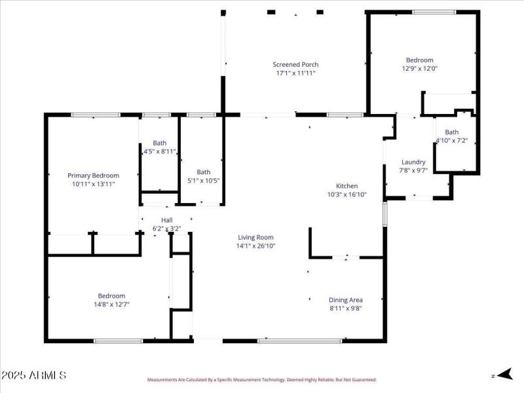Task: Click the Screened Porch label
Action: point(295,64)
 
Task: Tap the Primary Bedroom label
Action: point(94,176)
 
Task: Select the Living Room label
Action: point(255,237)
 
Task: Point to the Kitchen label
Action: point(347,185)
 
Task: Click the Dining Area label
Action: point(345,300)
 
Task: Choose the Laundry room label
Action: point(413,162)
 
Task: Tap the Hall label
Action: point(166,220)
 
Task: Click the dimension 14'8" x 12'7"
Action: point(111,305)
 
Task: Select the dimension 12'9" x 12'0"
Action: point(419,68)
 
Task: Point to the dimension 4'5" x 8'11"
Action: point(160,151)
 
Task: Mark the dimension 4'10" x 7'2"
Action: point(452,140)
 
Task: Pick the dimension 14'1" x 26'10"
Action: point(255,246)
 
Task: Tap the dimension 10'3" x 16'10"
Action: point(347,195)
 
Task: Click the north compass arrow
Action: point(503,375)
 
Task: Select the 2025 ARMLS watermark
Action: point(33,375)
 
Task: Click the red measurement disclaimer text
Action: point(261,379)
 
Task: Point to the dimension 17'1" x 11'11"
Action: point(295,73)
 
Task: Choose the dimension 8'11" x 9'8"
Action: point(345,309)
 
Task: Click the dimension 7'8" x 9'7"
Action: point(413,170)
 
